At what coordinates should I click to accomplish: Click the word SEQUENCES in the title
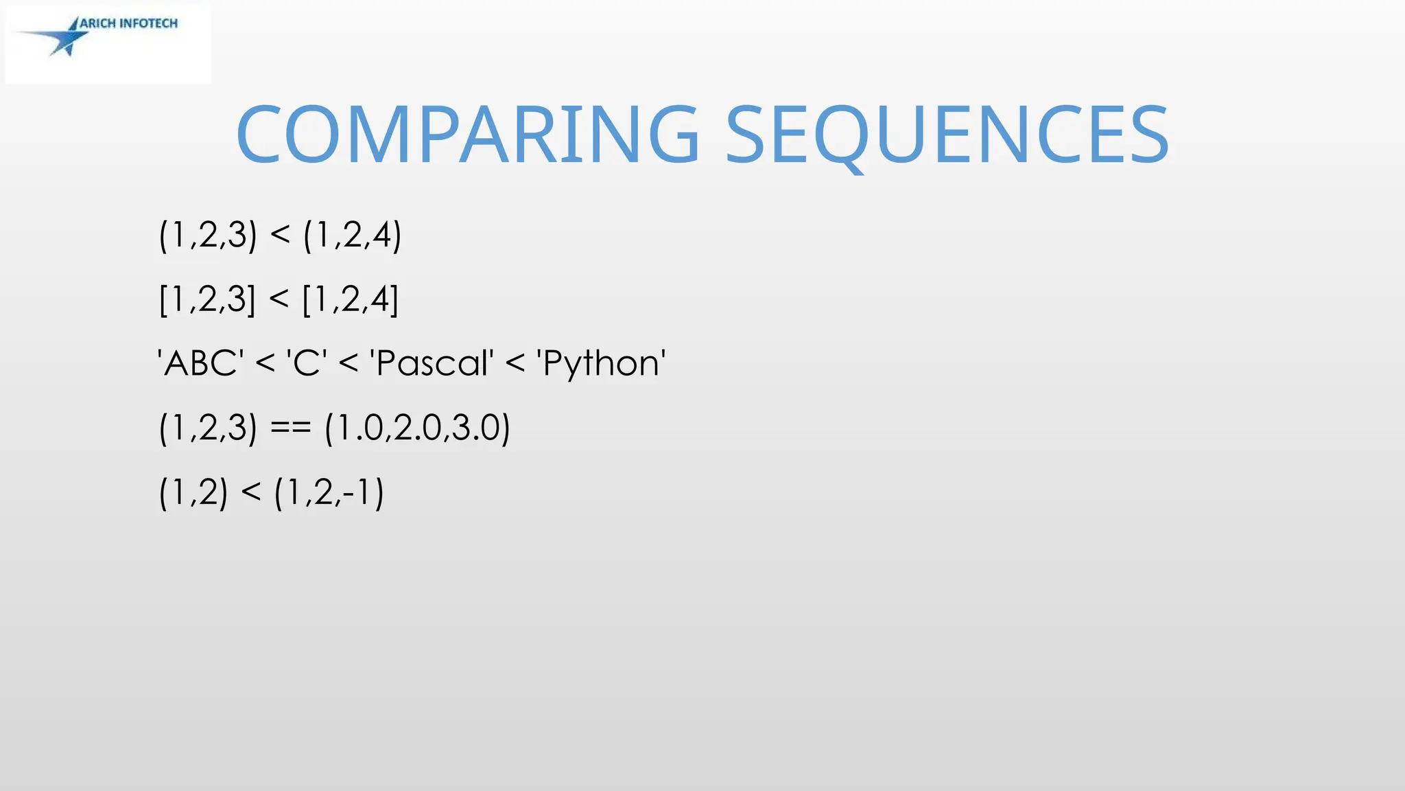(947, 135)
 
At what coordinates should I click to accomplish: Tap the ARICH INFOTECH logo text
(129, 23)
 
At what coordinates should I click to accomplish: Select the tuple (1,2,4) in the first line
(352, 236)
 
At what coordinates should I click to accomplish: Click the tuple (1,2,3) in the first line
(208, 236)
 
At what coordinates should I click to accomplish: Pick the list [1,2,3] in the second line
(207, 300)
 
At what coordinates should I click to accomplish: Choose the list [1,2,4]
(351, 300)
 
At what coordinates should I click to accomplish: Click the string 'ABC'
(200, 363)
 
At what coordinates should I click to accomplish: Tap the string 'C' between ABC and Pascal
(306, 363)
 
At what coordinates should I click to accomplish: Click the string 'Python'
(601, 363)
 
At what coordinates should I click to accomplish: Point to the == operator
(291, 428)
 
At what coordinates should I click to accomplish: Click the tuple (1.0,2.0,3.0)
(417, 428)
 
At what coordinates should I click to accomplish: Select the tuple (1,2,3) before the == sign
(208, 428)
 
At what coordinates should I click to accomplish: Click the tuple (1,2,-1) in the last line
(329, 492)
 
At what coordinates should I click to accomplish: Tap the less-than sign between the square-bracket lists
(279, 300)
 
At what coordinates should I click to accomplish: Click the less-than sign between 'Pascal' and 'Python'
(515, 364)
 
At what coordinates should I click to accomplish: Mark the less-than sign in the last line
(251, 492)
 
